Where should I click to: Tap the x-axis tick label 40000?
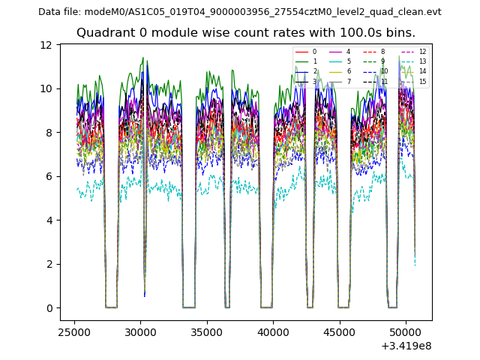tap(272, 330)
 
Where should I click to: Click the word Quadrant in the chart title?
tap(102, 33)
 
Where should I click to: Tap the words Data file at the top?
tap(59, 12)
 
